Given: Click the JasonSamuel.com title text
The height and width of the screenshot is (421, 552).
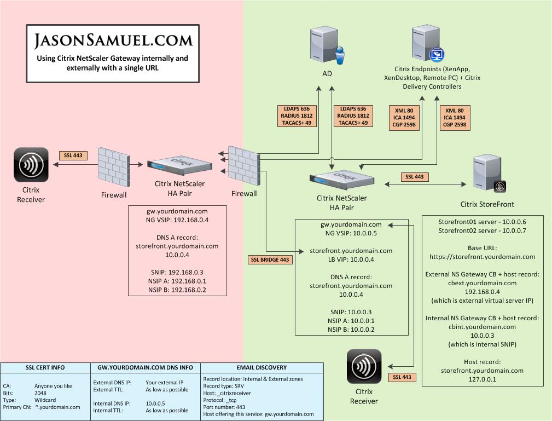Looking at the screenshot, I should (x=114, y=40).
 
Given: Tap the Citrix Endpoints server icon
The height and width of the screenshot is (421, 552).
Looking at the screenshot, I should (x=427, y=44).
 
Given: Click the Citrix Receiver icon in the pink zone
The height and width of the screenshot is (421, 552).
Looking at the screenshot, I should (x=31, y=164).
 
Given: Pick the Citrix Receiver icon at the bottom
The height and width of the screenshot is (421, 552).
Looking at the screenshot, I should (x=364, y=366).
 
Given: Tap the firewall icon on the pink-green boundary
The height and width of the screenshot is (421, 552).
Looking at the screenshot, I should (x=243, y=166).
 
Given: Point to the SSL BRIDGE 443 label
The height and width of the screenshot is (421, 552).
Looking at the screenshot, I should (x=270, y=259).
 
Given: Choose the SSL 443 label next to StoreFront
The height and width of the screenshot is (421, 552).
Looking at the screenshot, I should (x=414, y=177).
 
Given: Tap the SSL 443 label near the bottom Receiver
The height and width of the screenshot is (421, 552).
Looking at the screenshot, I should (x=402, y=377).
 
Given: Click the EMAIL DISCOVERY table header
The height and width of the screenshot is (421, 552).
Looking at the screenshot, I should (x=261, y=367).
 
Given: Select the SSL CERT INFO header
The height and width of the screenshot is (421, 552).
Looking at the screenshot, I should (x=45, y=367).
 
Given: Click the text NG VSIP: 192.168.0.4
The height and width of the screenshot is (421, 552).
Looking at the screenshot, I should (x=177, y=220).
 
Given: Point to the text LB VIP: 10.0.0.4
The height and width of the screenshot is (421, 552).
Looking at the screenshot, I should (x=351, y=259).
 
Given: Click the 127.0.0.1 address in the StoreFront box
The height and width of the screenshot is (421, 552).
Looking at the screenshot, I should (x=482, y=379).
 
